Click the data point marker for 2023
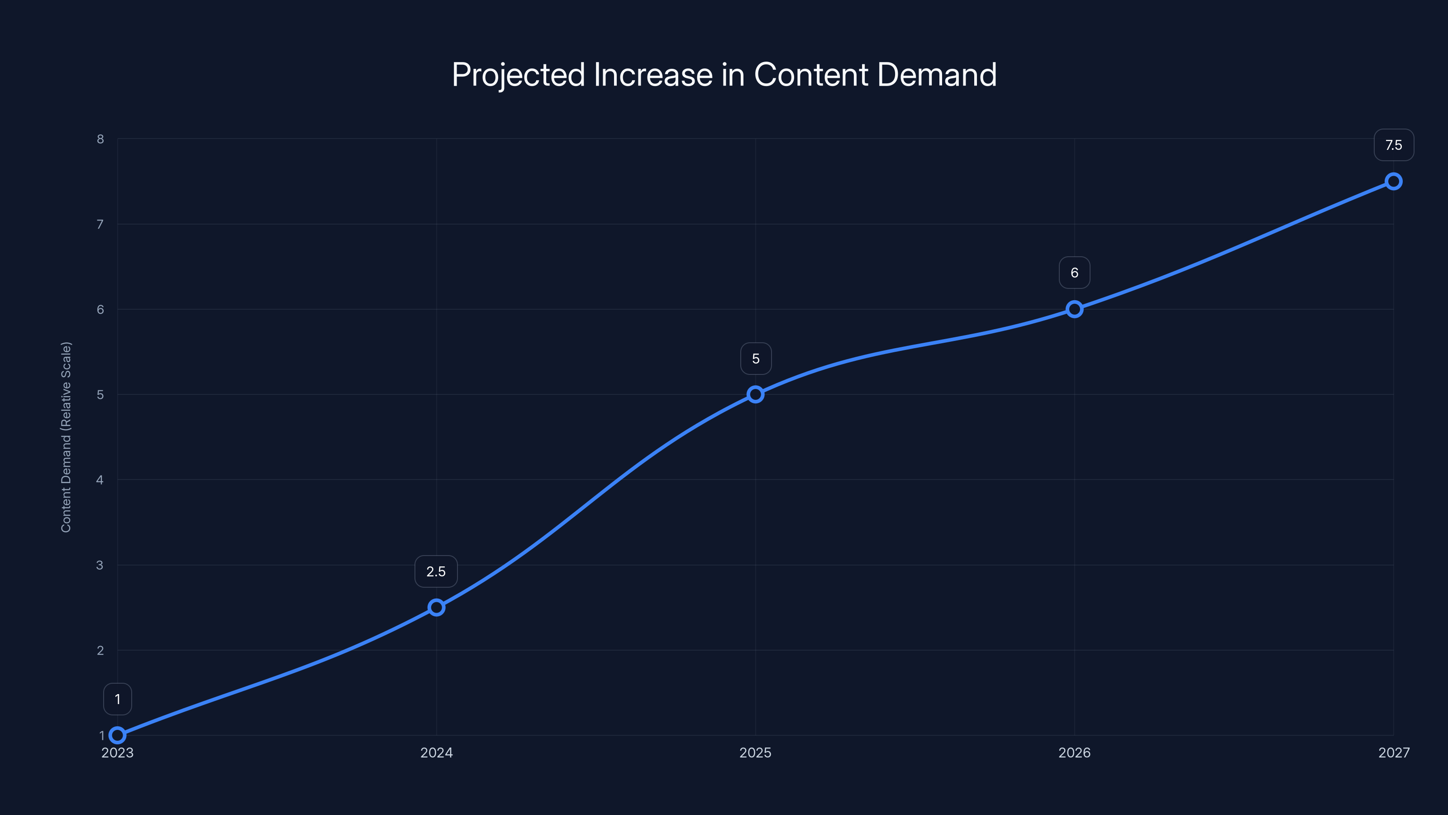click(x=118, y=735)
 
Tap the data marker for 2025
click(x=756, y=394)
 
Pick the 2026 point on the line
click(x=1074, y=309)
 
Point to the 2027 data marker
click(x=1394, y=181)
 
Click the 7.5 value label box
click(x=1394, y=145)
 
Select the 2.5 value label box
click(x=436, y=571)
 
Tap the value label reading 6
click(x=1074, y=273)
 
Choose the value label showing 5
click(x=756, y=359)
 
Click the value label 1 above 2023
click(x=118, y=699)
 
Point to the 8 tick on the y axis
click(x=100, y=139)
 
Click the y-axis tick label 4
click(x=100, y=480)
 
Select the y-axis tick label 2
click(x=100, y=650)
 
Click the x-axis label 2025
click(x=756, y=753)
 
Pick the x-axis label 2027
click(x=1394, y=753)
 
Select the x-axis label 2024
click(x=436, y=753)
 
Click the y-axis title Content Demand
click(x=67, y=436)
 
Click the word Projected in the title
click(x=518, y=75)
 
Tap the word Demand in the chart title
click(x=937, y=74)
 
